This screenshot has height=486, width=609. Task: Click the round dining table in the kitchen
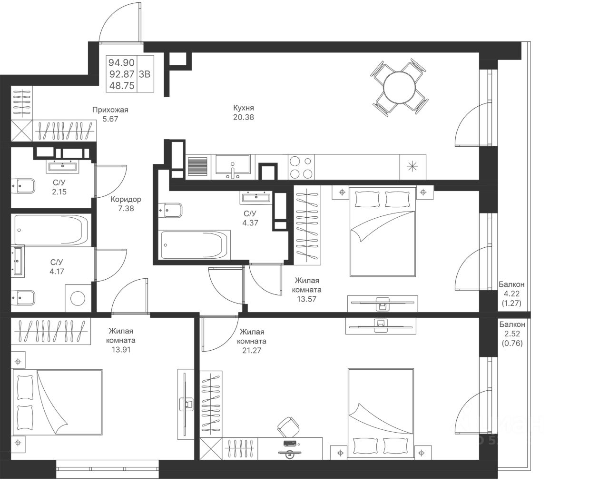pyautogui.click(x=399, y=88)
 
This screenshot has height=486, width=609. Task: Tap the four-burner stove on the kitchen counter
pyautogui.click(x=301, y=167)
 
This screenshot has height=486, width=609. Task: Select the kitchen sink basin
pyautogui.click(x=233, y=164)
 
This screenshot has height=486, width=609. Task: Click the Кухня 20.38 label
pyautogui.click(x=244, y=112)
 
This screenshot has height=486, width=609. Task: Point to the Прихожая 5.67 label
pyautogui.click(x=110, y=114)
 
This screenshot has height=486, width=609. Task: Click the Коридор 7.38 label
pyautogui.click(x=126, y=204)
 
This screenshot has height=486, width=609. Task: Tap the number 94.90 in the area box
pyautogui.click(x=121, y=62)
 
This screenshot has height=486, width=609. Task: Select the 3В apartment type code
pyautogui.click(x=145, y=74)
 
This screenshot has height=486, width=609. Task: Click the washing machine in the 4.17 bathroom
pyautogui.click(x=78, y=299)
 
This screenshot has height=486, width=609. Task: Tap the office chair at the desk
pyautogui.click(x=288, y=427)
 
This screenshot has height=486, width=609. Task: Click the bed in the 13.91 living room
pyautogui.click(x=57, y=402)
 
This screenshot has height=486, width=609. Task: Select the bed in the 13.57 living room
pyautogui.click(x=383, y=232)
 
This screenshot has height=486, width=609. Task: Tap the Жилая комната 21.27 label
pyautogui.click(x=252, y=341)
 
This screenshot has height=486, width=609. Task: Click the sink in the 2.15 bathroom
pyautogui.click(x=62, y=167)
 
